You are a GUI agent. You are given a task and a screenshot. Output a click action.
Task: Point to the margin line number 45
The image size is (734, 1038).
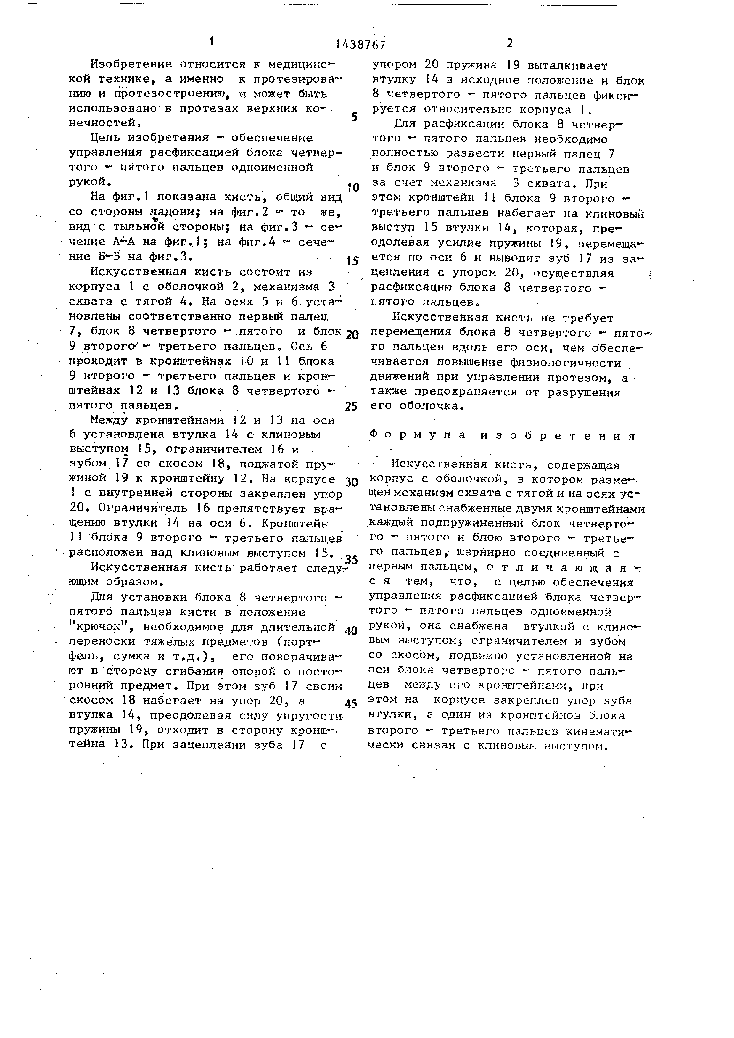(351, 704)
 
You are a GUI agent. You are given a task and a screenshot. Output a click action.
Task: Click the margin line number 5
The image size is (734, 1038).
(354, 118)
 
